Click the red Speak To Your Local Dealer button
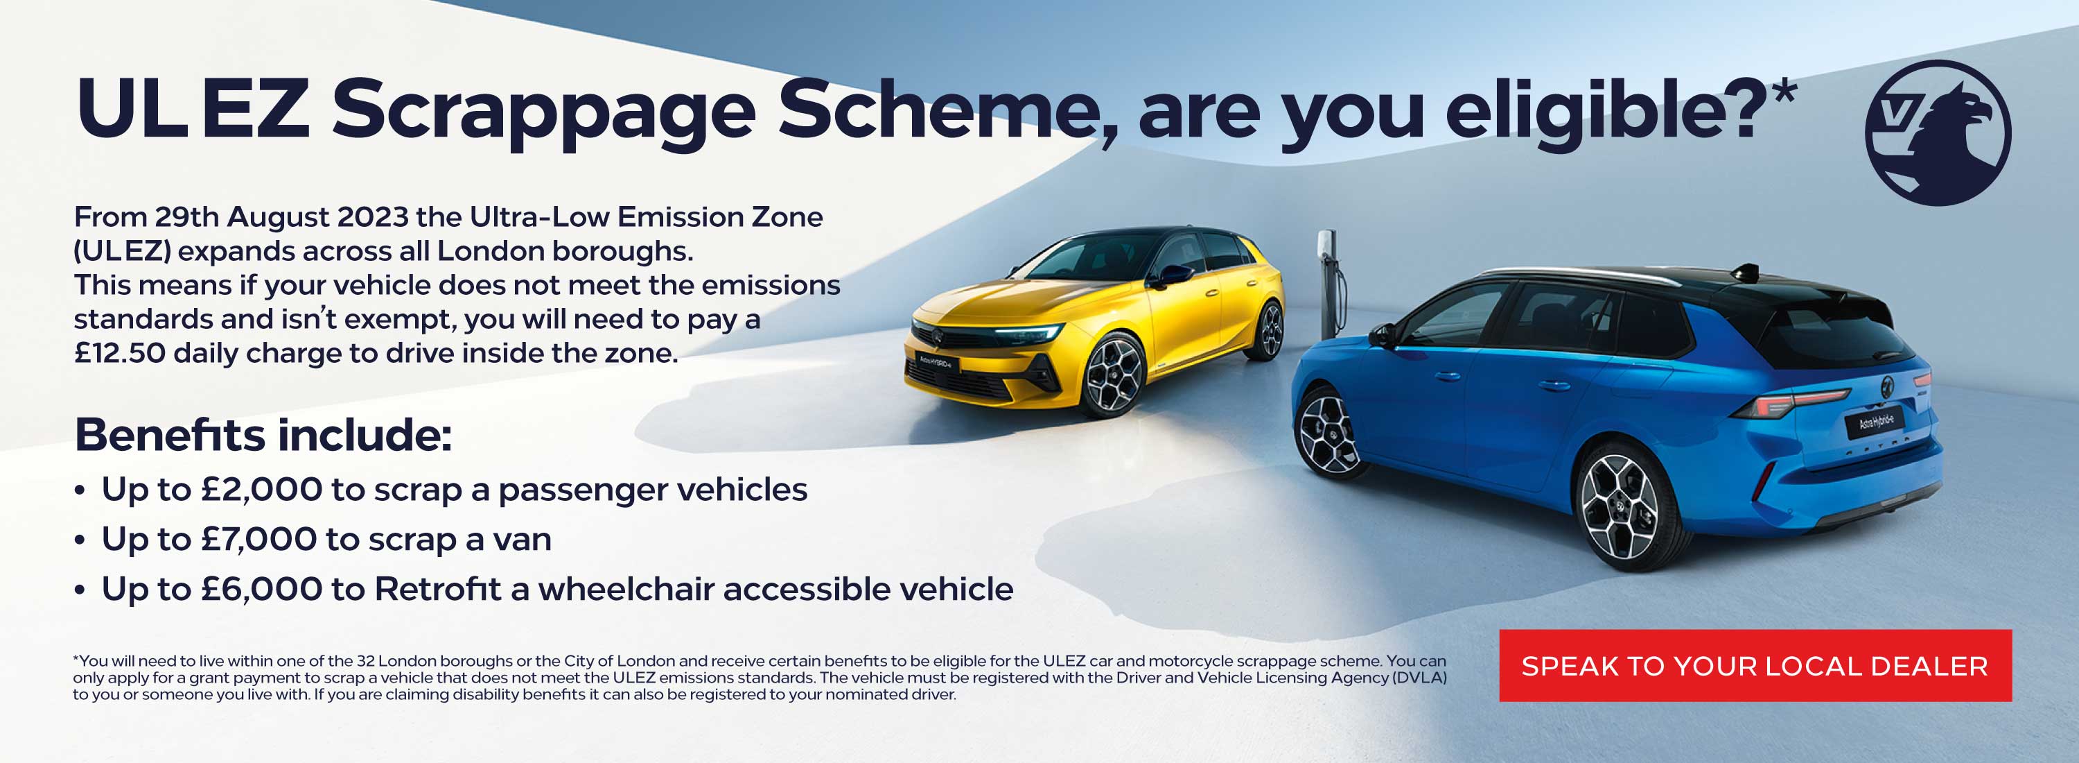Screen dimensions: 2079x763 pyautogui.click(x=1755, y=665)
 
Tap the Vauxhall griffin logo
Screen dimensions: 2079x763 pyautogui.click(x=1938, y=132)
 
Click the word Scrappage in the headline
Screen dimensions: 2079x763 pyautogui.click(x=543, y=112)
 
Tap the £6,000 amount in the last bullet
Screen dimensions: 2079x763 pyautogui.click(x=261, y=590)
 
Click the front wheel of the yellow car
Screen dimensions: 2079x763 pyautogui.click(x=1114, y=375)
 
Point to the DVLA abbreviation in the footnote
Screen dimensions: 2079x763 pyautogui.click(x=1418, y=678)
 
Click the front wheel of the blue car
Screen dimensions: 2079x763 pyautogui.click(x=1328, y=432)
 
